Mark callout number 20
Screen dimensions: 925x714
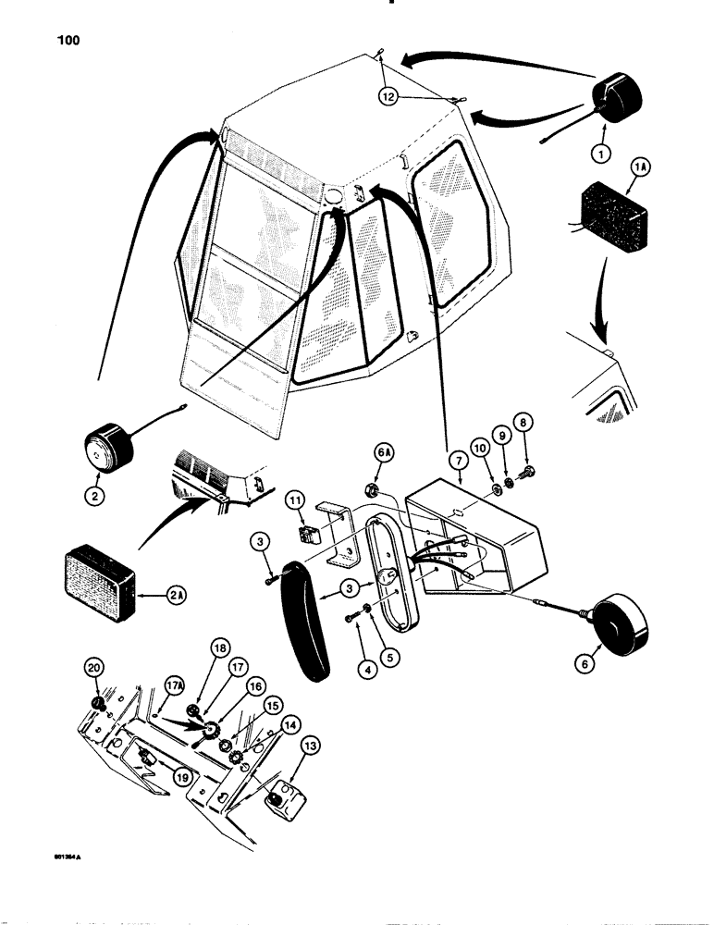point(92,667)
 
